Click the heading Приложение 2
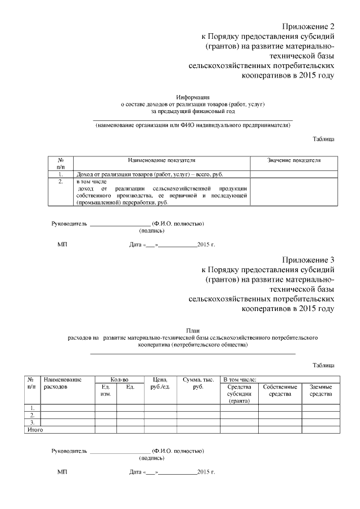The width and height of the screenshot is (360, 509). point(308,26)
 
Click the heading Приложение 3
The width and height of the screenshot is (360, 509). point(308,259)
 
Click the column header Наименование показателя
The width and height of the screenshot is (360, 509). point(161,160)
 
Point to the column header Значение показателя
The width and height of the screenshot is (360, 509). point(294,160)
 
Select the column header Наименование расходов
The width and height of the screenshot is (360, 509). point(62,384)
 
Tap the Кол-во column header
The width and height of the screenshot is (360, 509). point(119,380)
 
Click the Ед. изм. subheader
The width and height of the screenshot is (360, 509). point(105,390)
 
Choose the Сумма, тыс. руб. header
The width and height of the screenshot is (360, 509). point(198,384)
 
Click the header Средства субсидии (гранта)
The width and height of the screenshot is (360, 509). point(239,394)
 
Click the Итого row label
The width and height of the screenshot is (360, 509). point(35,430)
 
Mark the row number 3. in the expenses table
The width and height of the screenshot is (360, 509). point(33,422)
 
